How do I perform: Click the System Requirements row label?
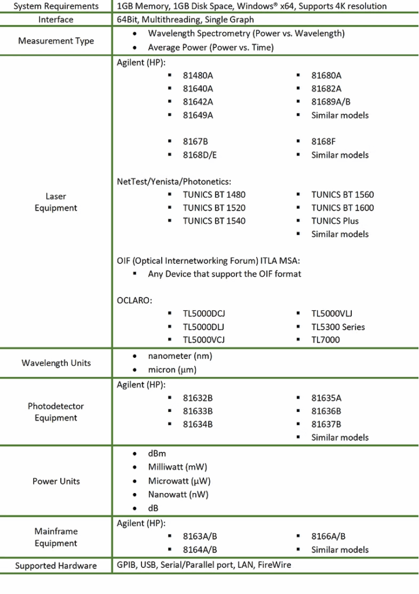click(x=56, y=6)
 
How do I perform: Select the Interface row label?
click(x=56, y=20)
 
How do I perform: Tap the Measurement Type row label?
click(x=56, y=41)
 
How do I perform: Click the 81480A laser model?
click(x=198, y=75)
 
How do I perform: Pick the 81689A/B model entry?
click(x=331, y=102)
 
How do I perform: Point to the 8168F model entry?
click(x=323, y=142)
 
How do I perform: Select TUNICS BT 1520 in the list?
click(x=214, y=208)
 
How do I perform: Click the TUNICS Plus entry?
click(x=335, y=221)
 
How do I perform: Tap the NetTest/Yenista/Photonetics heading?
click(x=174, y=182)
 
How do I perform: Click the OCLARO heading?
click(x=134, y=300)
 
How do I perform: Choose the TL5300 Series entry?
click(x=338, y=327)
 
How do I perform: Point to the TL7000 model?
click(x=326, y=340)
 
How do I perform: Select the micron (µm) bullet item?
click(x=172, y=370)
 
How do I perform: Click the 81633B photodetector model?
click(x=198, y=411)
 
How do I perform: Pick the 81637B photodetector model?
click(x=326, y=424)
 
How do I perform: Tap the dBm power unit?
click(x=157, y=454)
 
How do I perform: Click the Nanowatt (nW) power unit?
click(x=178, y=495)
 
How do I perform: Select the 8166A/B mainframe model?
click(x=329, y=537)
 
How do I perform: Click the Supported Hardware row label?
click(x=56, y=566)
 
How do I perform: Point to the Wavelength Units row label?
click(x=56, y=363)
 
